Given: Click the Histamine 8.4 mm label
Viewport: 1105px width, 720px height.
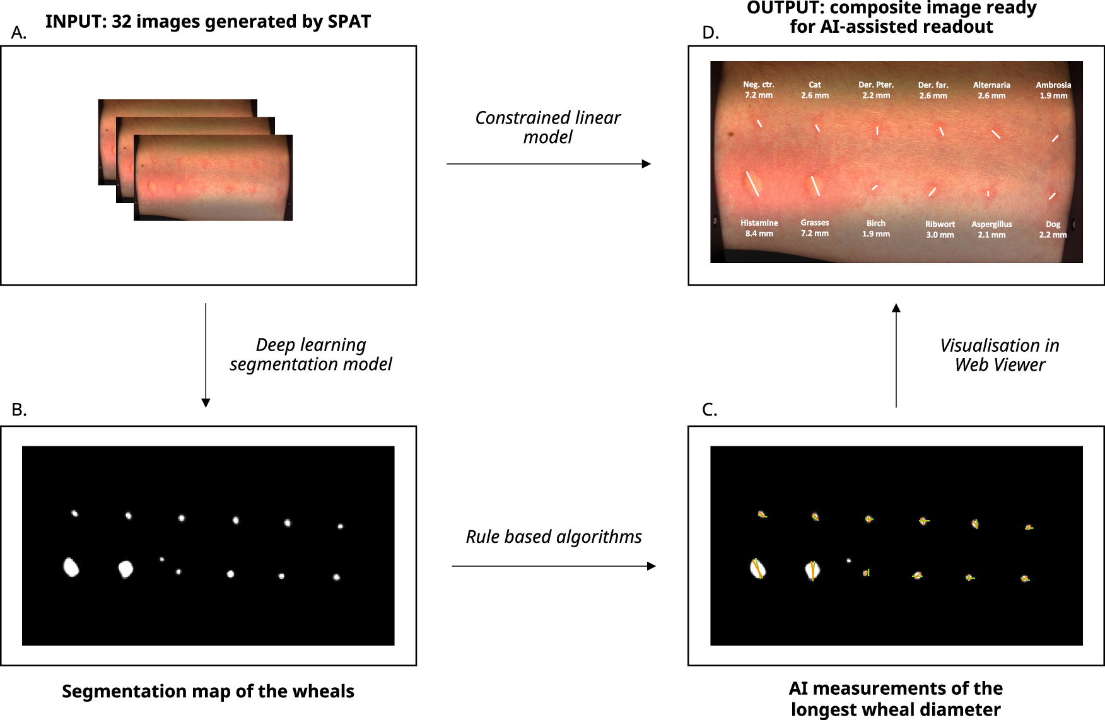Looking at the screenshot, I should [x=759, y=228].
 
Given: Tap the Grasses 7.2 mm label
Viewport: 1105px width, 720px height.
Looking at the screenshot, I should [x=814, y=228].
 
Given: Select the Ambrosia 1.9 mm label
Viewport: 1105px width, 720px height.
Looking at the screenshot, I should [x=1053, y=90].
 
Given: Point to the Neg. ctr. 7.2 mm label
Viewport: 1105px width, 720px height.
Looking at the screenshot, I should [x=758, y=90].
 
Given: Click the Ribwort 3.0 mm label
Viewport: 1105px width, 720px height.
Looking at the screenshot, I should [x=940, y=229].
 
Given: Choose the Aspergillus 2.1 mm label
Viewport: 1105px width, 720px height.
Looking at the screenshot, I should [x=991, y=229].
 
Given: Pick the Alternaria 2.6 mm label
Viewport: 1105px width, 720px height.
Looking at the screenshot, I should [x=991, y=90].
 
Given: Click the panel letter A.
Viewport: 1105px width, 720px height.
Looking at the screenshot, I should [x=19, y=33].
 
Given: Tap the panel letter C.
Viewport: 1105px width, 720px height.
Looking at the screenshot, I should [x=710, y=410].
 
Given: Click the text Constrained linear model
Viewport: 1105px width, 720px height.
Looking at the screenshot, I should [x=547, y=127].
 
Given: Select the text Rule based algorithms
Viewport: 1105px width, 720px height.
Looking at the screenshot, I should [x=553, y=537].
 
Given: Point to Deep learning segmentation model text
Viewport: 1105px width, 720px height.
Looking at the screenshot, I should [x=310, y=354].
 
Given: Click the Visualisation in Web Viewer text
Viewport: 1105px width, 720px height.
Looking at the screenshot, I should [x=999, y=355].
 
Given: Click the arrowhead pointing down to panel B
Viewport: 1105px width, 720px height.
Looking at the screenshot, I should [x=206, y=403].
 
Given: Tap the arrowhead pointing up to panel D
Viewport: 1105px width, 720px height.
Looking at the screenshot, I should [x=896, y=308].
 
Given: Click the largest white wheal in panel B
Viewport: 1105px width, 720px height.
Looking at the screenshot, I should [x=71, y=567].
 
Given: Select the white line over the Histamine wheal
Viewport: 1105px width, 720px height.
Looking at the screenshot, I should [x=752, y=183].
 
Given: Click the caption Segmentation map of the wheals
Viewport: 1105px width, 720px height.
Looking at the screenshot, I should [x=208, y=691].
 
